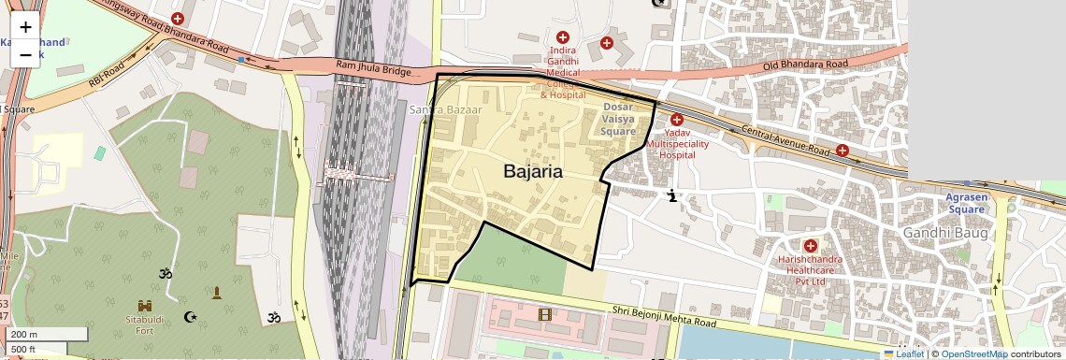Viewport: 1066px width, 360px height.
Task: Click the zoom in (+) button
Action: (x=25, y=28)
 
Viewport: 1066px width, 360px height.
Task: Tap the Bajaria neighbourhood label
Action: (x=533, y=171)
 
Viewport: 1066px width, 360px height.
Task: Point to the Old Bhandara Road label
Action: (x=805, y=65)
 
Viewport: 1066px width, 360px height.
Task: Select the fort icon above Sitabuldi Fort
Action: (x=145, y=307)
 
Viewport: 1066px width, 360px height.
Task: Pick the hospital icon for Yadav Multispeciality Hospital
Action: (x=677, y=120)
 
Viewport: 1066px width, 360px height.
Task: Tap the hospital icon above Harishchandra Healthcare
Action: (x=810, y=245)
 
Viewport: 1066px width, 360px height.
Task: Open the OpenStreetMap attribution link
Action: (x=973, y=353)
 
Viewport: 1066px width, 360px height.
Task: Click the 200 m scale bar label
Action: (x=24, y=335)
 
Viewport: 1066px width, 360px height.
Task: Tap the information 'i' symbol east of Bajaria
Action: (x=671, y=195)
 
